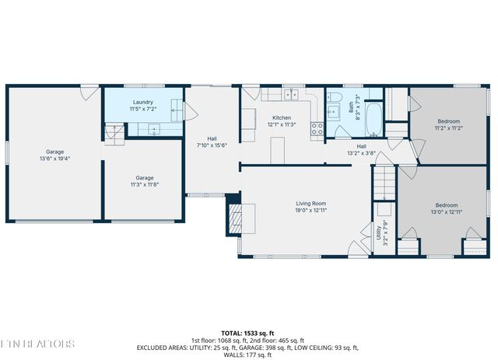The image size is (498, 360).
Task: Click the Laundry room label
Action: [x=142, y=102]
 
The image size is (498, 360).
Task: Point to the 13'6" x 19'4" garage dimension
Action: [x=54, y=158]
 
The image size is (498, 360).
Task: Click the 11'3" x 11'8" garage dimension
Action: [x=143, y=185]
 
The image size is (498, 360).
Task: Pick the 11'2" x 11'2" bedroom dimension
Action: [x=448, y=128]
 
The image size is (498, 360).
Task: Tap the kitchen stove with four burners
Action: [x=317, y=128]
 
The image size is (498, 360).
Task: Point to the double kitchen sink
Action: [x=293, y=95]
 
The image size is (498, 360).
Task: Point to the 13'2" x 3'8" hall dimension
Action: [x=362, y=153]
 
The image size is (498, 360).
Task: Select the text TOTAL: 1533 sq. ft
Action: [x=249, y=331]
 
